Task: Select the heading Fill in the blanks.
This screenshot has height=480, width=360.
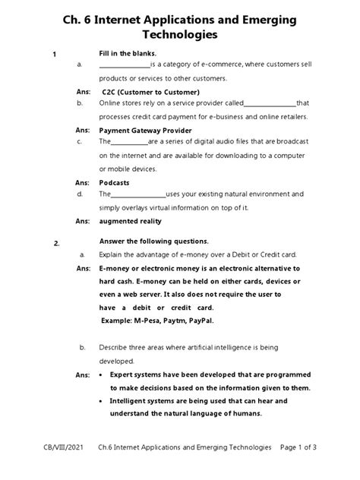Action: (128, 52)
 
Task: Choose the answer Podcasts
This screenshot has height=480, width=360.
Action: (114, 182)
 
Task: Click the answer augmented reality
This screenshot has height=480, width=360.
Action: (131, 221)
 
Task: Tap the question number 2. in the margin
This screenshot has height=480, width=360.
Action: (56, 243)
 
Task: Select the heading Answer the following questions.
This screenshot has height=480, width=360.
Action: (155, 242)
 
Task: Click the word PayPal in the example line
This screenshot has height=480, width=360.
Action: (201, 321)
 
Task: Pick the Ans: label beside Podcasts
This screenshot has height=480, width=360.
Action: (83, 182)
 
